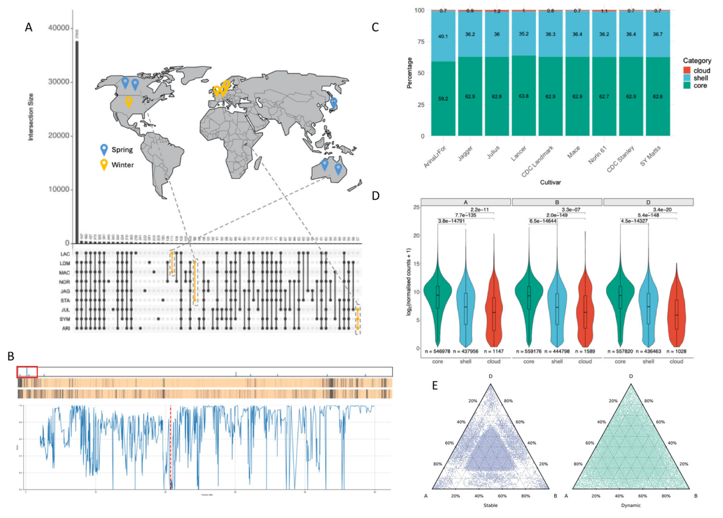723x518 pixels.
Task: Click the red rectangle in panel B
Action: point(28,371)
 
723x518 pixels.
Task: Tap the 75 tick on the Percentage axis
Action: point(419,42)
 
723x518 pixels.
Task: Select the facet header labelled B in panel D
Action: point(557,202)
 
